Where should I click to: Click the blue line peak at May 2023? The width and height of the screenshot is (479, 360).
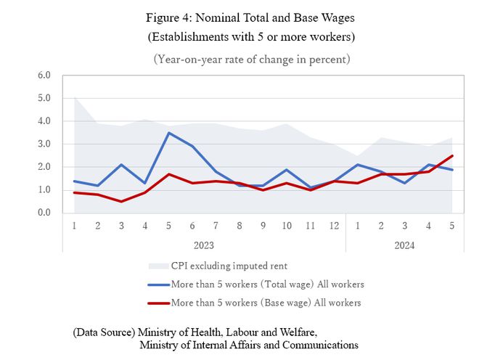tap(168, 133)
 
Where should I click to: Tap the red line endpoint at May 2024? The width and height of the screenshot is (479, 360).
tap(451, 155)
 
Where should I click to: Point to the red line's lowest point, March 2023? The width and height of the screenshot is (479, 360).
tap(121, 201)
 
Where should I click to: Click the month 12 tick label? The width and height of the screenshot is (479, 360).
tap(333, 226)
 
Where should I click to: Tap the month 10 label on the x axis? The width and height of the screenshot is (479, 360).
tap(286, 226)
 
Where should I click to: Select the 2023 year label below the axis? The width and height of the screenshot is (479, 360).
tap(204, 245)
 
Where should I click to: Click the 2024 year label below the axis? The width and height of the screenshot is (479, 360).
tap(404, 245)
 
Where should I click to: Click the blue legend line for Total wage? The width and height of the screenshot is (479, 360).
tap(157, 284)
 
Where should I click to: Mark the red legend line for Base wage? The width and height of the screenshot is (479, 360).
tap(157, 302)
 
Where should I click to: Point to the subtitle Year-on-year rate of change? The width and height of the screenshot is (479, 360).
tap(251, 59)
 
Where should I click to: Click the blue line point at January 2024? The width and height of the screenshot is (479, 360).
tap(357, 165)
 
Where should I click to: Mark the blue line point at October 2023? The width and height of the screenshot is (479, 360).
tap(287, 170)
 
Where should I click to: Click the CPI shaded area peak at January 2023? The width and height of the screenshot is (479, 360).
tap(75, 97)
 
